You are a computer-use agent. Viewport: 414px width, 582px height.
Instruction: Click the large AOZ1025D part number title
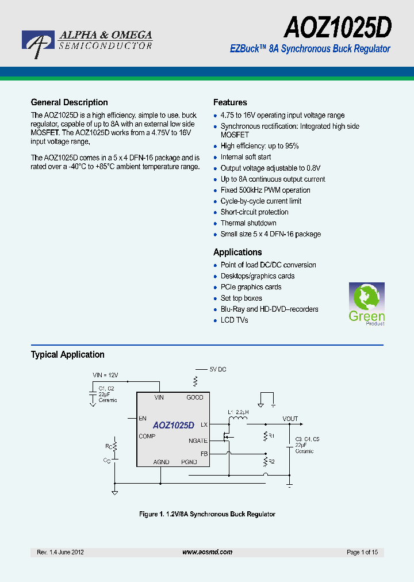338,27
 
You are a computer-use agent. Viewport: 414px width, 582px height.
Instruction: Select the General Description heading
69,102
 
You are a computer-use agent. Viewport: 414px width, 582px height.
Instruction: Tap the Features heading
230,102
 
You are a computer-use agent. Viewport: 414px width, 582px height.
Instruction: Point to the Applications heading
237,252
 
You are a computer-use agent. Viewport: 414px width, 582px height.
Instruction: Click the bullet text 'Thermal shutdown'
248,223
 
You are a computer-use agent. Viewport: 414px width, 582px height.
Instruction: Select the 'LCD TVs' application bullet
234,320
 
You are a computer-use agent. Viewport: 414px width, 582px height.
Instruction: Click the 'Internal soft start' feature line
246,157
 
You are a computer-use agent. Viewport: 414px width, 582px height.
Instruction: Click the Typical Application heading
68,355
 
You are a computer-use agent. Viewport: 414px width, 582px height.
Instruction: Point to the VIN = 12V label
109,375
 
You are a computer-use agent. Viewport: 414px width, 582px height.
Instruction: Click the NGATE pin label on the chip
198,441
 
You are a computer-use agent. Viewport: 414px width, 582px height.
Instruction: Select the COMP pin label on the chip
147,436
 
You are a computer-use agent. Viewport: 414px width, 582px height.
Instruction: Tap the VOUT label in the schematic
290,419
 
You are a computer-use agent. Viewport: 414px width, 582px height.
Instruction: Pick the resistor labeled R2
266,461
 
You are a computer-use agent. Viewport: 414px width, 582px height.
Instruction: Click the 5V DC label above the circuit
217,369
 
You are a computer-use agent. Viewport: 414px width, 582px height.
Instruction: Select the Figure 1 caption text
207,514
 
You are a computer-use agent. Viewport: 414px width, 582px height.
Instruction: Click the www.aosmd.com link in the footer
207,552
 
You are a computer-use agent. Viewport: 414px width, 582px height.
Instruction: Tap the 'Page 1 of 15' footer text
362,552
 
